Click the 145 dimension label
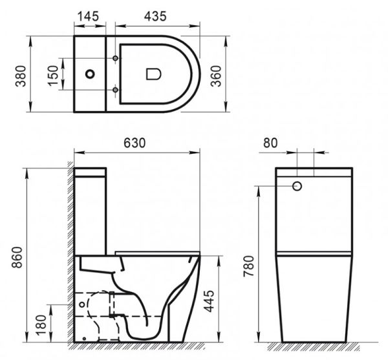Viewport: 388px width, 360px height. tap(89, 14)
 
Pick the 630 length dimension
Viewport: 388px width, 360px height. tap(136, 142)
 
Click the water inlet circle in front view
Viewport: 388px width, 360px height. tap(298, 186)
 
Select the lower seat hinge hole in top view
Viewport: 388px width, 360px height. tap(116, 89)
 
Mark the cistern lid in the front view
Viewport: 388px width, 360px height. tap(314, 173)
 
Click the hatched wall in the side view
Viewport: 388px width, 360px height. tap(69, 259)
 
